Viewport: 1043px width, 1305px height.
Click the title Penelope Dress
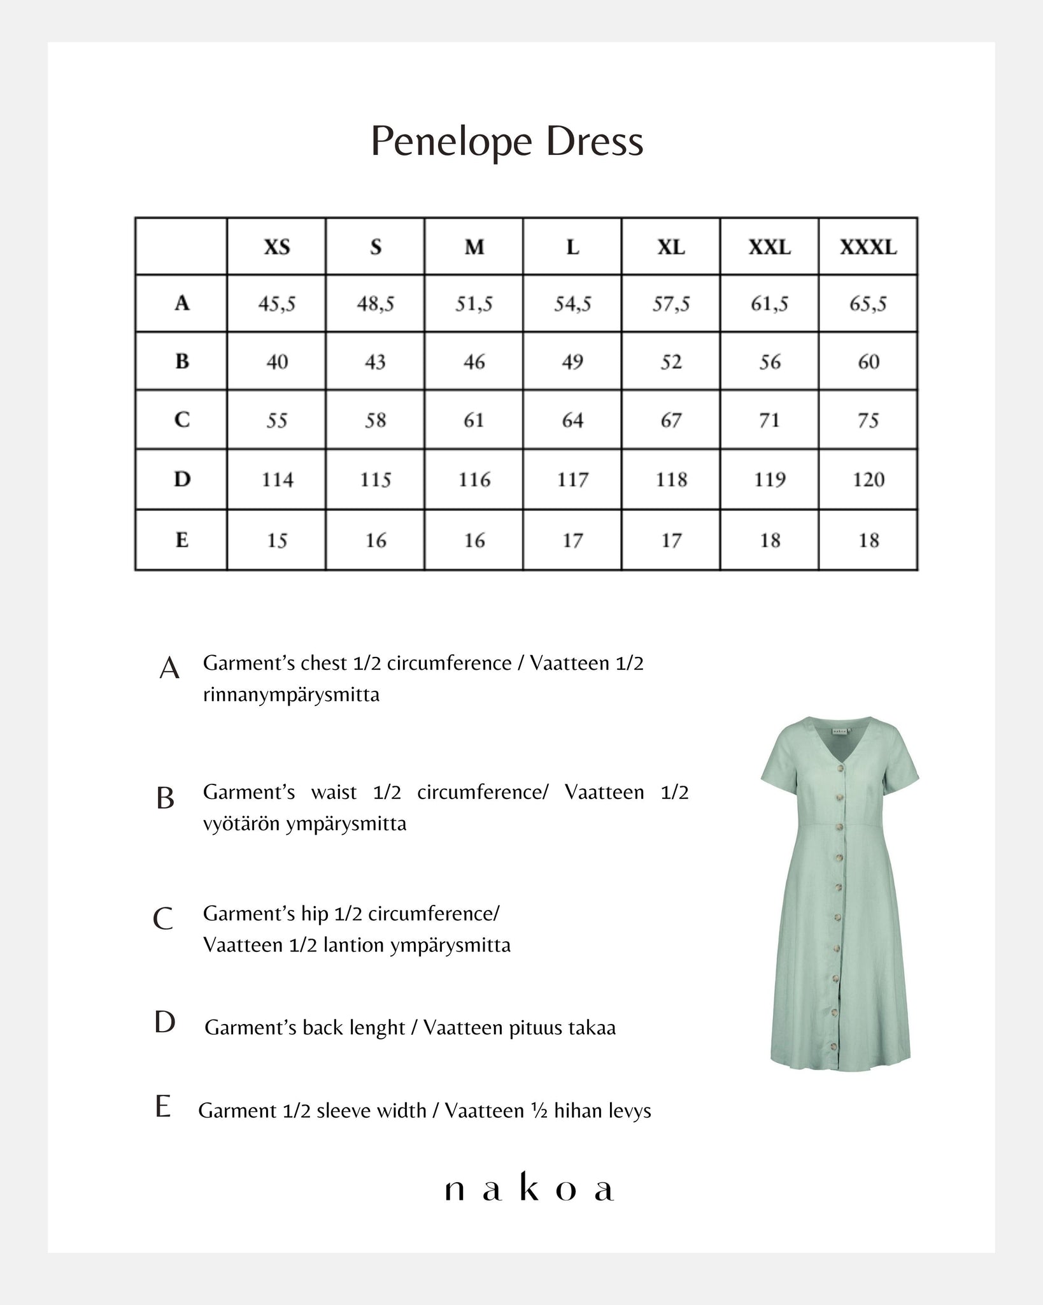pyautogui.click(x=507, y=141)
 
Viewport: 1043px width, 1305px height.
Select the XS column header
pyautogui.click(x=277, y=247)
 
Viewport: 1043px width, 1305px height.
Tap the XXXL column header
pyautogui.click(x=868, y=247)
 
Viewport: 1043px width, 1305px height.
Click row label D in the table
pyautogui.click(x=182, y=479)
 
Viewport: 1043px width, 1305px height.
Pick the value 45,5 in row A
pyautogui.click(x=277, y=304)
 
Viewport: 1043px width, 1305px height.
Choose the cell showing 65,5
pyautogui.click(x=868, y=304)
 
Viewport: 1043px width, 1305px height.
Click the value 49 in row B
pyautogui.click(x=572, y=362)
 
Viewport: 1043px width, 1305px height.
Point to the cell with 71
pyautogui.click(x=769, y=421)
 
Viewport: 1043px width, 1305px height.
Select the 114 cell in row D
pyautogui.click(x=277, y=479)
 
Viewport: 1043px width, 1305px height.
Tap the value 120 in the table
pyautogui.click(x=868, y=479)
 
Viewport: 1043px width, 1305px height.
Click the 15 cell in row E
pyautogui.click(x=277, y=540)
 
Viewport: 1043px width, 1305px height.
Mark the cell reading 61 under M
pyautogui.click(x=474, y=421)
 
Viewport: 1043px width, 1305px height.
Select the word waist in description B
pyautogui.click(x=334, y=792)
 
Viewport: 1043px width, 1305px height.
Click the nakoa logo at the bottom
pyautogui.click(x=529, y=1190)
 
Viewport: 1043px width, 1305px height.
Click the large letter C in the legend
pyautogui.click(x=164, y=919)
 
